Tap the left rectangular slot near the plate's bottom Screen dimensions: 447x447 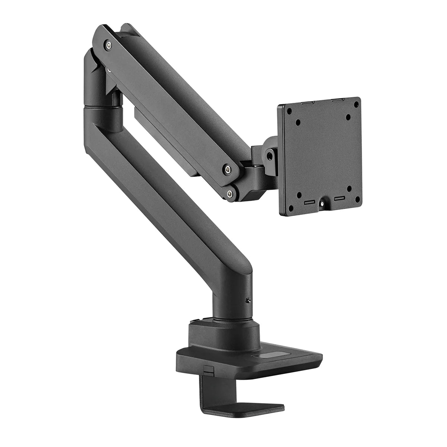tap(310, 202)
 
